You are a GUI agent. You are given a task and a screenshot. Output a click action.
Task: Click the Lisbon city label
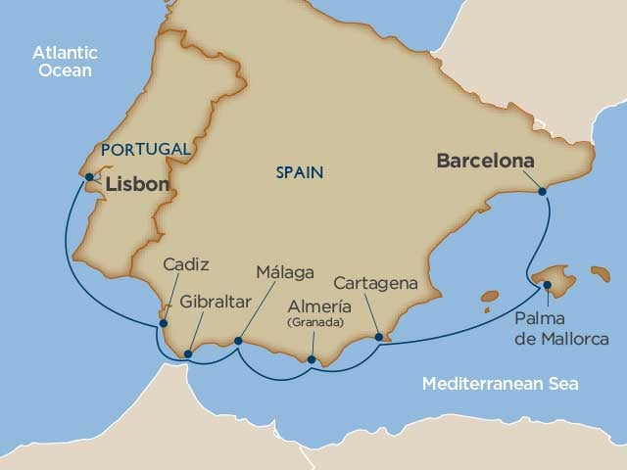[x=136, y=183]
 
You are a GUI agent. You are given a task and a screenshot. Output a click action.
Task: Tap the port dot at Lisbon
[x=89, y=177]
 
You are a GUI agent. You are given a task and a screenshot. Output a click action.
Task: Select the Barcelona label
[x=486, y=160]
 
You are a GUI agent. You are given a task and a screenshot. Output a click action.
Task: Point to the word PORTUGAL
[x=145, y=149]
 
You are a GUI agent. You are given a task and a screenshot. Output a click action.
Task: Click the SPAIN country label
[x=300, y=172]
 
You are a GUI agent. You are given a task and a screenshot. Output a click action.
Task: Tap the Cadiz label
[x=186, y=264]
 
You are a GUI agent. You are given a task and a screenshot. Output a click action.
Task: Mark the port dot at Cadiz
[x=164, y=322]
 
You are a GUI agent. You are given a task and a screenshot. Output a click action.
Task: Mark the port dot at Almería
[x=312, y=359]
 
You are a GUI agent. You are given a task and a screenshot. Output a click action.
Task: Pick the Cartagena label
[x=376, y=283]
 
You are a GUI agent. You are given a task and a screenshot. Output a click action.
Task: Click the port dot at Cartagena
[x=378, y=338]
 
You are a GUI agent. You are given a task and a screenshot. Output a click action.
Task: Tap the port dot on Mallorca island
[x=547, y=286]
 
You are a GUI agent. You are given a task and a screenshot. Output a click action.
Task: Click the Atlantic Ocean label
[x=61, y=61]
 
